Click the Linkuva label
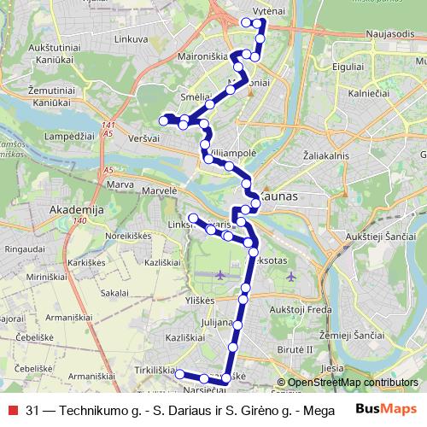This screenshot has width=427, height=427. click(x=130, y=39)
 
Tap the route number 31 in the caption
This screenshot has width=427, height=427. click(x=32, y=409)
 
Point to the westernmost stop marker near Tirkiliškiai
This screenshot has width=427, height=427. click(x=178, y=373)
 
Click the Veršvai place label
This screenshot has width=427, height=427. click(x=145, y=136)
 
